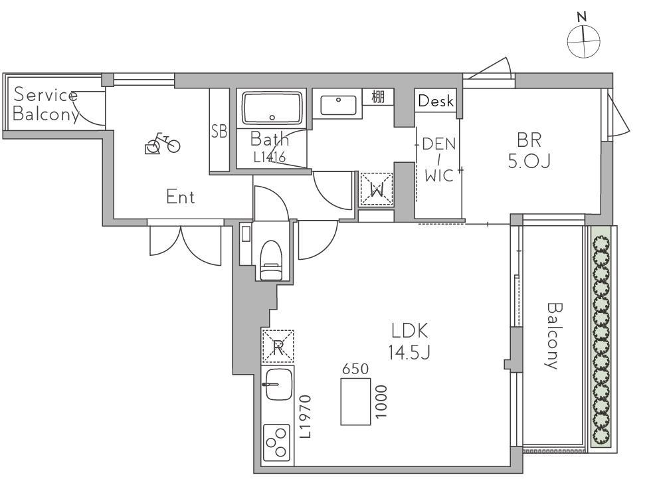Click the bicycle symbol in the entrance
coord(162,144)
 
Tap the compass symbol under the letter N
coord(584,41)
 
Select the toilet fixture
coord(271,260)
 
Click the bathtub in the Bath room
coord(272,108)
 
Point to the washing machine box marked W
coord(377,189)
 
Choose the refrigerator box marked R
coord(278,346)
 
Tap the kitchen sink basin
coord(278,384)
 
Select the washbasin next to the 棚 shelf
coord(338,104)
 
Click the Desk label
coord(436,101)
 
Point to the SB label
coord(219,131)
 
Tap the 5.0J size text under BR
coord(529,161)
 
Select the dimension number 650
coord(355,369)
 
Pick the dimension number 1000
coord(381,401)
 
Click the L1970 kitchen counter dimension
coord(306,417)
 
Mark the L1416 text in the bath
coord(270,157)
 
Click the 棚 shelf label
coord(378,97)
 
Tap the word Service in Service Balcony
coord(45,95)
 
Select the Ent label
coord(180,197)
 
